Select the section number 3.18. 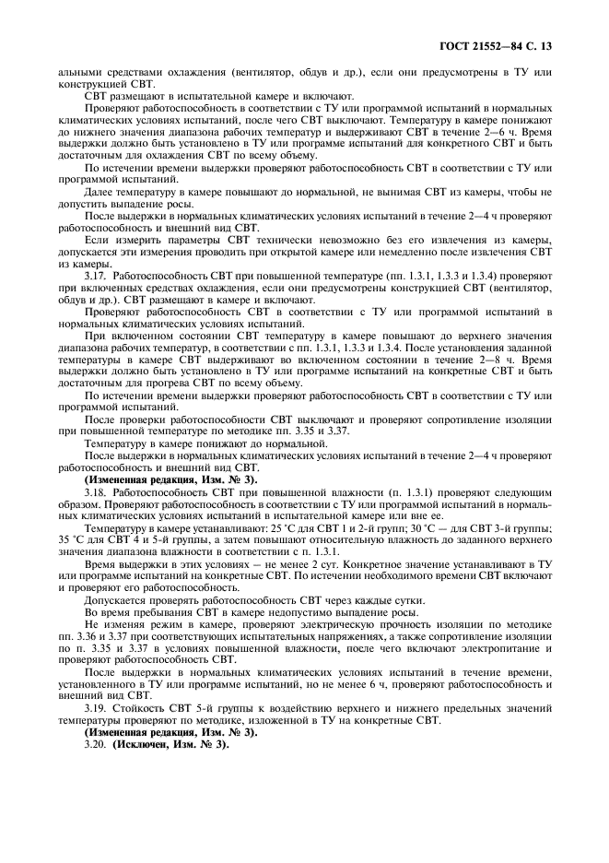click(96, 493)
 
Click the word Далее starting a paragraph click(100, 195)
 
